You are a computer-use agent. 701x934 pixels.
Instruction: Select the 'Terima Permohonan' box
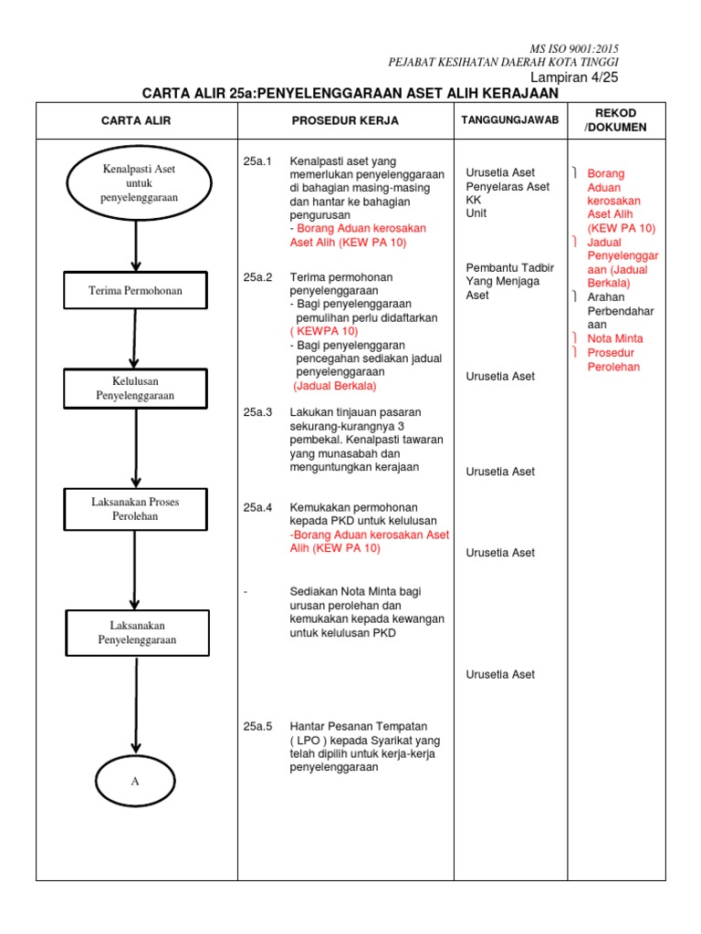click(x=135, y=291)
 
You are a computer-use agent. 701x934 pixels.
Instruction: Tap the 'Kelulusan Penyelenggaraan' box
click(x=135, y=388)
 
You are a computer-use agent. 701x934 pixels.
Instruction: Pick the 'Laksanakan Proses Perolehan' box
click(x=135, y=509)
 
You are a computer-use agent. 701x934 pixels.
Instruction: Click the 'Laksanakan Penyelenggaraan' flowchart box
click(x=137, y=632)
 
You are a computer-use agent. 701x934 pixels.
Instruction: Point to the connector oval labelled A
click(x=134, y=781)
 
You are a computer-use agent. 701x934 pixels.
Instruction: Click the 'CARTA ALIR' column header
click(x=136, y=120)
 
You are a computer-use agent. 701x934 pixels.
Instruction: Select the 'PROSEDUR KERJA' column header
click(x=345, y=120)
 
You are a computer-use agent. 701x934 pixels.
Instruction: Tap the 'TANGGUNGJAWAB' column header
click(x=509, y=119)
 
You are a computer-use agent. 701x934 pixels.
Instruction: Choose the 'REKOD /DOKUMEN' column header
click(x=615, y=119)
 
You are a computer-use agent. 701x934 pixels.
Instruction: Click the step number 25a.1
click(x=258, y=161)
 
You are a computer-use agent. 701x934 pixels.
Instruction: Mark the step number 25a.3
click(x=258, y=412)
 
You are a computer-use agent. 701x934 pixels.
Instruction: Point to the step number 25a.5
click(x=258, y=726)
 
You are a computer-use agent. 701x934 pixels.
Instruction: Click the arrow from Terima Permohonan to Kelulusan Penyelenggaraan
click(x=135, y=337)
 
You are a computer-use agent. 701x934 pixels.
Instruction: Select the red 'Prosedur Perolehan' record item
click(x=613, y=359)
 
